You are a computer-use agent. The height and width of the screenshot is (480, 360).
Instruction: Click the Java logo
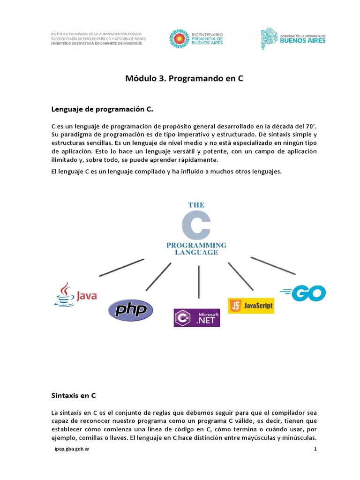tap(76, 294)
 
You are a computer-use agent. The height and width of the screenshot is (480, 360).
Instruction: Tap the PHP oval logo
tap(130, 310)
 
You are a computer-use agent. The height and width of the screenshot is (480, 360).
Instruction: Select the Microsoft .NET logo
tap(196, 317)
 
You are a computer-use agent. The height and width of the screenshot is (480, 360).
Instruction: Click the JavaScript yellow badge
tap(251, 305)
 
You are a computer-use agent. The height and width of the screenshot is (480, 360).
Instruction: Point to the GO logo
tap(303, 293)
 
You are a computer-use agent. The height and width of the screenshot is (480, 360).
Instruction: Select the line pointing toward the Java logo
tap(121, 267)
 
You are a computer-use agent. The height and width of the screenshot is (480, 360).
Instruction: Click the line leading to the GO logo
tap(273, 265)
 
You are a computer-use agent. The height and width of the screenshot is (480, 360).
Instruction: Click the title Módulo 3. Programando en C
tap(184, 78)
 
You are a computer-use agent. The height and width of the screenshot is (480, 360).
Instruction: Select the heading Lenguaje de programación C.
tap(102, 109)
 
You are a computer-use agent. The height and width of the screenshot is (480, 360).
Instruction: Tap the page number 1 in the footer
tap(315, 450)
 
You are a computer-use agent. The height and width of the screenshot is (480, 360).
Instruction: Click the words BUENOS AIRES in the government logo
tap(303, 40)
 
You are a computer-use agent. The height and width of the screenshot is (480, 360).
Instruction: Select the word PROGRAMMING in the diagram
tap(196, 245)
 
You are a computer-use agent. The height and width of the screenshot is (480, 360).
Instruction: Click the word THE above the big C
tap(196, 205)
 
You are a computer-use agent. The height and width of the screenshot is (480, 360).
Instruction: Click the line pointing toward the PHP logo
tap(158, 277)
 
